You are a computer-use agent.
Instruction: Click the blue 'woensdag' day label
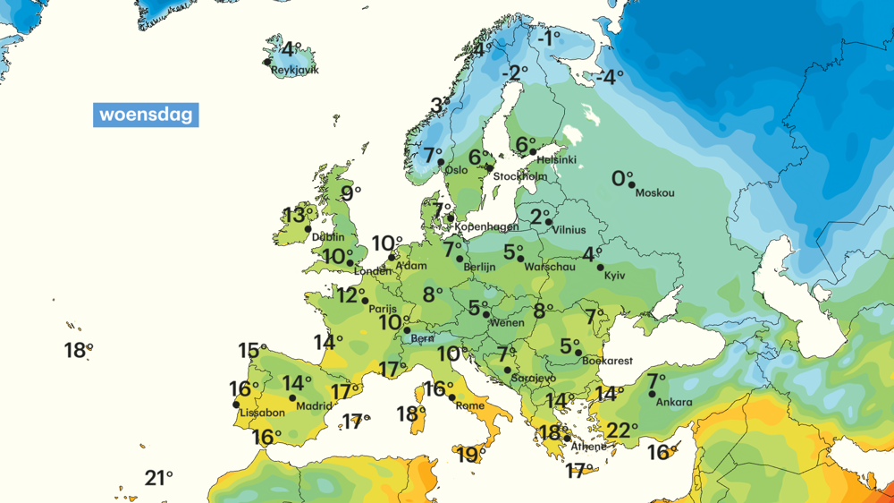coord(146,115)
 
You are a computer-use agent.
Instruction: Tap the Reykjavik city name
coord(294,70)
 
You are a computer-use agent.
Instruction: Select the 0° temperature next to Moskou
coord(621,179)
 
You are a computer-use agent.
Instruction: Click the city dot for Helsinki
coord(534,153)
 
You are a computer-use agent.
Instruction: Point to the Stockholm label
coord(520,176)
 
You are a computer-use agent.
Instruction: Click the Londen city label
coord(373,271)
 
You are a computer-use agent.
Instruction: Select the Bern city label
coord(421,339)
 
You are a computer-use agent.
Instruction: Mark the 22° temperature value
coord(621,431)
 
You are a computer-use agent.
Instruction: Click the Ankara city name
coord(673,402)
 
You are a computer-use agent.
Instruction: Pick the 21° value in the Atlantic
coord(158,478)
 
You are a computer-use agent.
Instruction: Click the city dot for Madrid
coord(292,398)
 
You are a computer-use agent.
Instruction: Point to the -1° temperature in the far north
coord(549,38)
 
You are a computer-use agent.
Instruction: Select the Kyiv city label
coord(614,276)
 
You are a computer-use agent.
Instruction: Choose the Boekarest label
coord(607,362)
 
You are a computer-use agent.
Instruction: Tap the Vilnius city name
coord(569,230)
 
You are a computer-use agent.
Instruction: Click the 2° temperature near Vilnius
coord(540,217)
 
